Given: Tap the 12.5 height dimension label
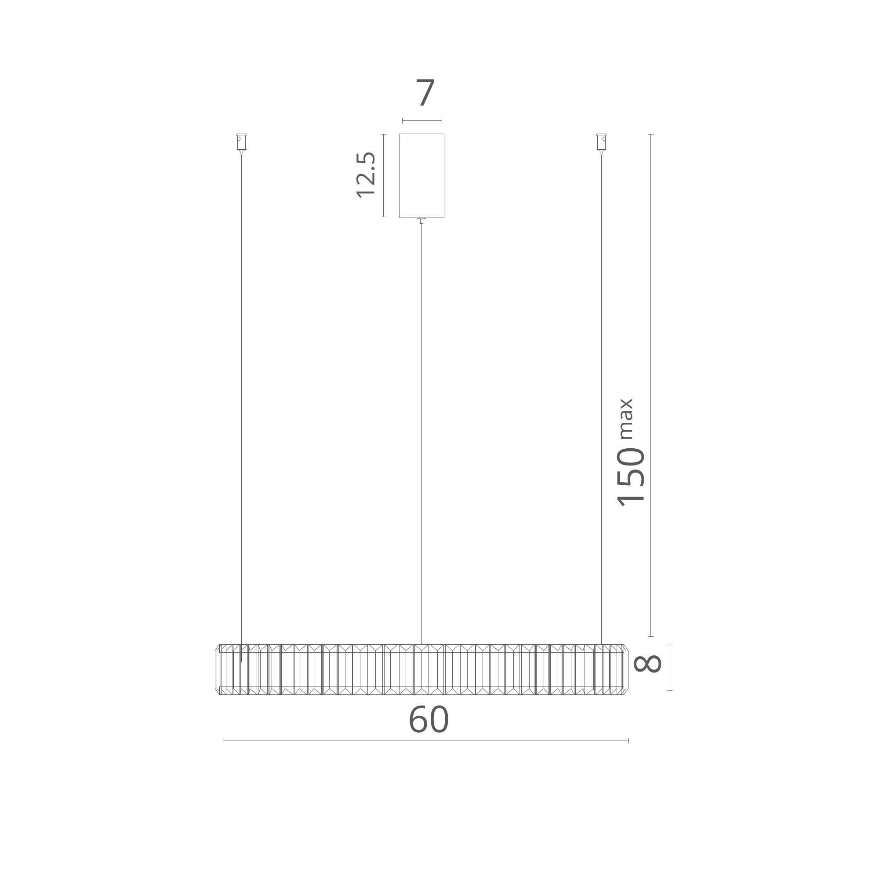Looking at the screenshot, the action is [366, 175].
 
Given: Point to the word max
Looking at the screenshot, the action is [626, 418].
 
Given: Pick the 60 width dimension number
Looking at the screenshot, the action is [429, 720].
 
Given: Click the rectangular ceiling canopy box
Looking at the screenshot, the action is [422, 176].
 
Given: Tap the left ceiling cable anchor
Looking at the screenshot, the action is [242, 144].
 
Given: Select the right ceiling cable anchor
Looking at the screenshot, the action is [602, 144].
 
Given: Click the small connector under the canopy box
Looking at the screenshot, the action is [422, 221].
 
